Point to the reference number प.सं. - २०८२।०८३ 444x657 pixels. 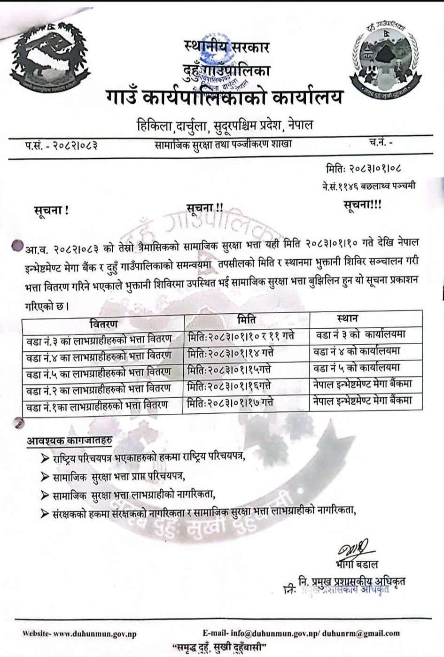pyautogui.click(x=61, y=144)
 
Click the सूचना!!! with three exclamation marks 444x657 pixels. pyautogui.click(x=363, y=205)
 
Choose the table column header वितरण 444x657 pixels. pyautogui.click(x=103, y=324)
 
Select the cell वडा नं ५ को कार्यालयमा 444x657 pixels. pyautogui.click(x=357, y=367)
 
